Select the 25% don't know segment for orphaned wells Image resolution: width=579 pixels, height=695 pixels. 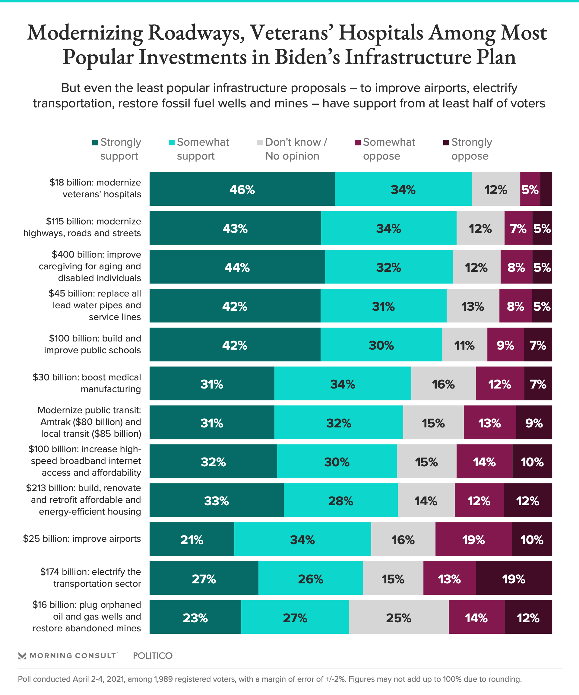(x=398, y=617)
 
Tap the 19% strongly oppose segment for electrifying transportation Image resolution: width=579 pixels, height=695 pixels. (x=514, y=579)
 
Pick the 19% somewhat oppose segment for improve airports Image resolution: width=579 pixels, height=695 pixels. (x=473, y=540)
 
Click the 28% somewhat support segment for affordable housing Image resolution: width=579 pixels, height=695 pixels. (x=340, y=501)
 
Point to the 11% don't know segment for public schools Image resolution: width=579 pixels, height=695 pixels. (x=464, y=345)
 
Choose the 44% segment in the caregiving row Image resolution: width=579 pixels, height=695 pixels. (x=237, y=267)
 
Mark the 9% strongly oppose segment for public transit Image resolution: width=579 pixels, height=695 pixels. (x=534, y=423)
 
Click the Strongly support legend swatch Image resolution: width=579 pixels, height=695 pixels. (x=95, y=143)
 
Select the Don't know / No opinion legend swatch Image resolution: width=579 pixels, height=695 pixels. (x=260, y=143)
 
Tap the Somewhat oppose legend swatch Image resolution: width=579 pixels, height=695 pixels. (x=358, y=143)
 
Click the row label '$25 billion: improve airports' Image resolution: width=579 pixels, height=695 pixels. (x=82, y=539)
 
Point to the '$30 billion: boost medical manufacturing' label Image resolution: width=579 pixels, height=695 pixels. (x=87, y=383)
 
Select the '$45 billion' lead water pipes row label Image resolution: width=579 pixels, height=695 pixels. (x=95, y=305)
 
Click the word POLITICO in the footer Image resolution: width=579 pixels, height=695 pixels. (x=153, y=655)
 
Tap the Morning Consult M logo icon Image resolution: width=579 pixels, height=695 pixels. (x=22, y=655)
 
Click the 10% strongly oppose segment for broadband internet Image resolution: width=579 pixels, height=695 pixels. (x=532, y=462)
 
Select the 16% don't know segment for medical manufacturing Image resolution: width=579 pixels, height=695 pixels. (x=443, y=384)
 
